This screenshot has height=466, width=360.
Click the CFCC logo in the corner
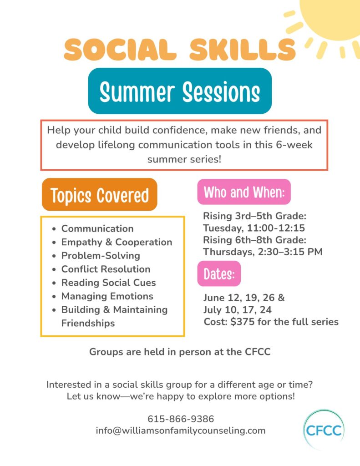click(324, 430)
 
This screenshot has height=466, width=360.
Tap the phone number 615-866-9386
click(181, 419)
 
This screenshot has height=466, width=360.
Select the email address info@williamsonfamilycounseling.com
click(180, 431)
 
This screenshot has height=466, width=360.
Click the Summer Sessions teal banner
click(180, 91)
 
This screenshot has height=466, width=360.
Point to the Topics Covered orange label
click(100, 195)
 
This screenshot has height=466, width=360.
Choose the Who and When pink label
click(244, 192)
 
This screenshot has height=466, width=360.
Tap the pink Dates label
click(219, 274)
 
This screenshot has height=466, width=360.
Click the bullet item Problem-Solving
click(101, 256)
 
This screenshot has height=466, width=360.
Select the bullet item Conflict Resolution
click(106, 269)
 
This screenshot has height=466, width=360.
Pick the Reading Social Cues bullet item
click(108, 283)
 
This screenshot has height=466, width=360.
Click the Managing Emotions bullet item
click(107, 296)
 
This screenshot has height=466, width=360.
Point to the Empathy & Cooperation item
click(117, 242)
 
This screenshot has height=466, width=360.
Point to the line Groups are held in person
click(180, 352)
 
